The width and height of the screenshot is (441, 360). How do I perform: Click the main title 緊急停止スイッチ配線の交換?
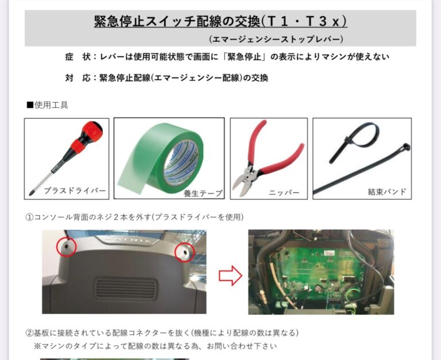coord(177,21)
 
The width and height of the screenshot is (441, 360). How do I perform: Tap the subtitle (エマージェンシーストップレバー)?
coord(276,39)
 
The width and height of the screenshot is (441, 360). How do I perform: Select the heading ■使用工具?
coord(47,105)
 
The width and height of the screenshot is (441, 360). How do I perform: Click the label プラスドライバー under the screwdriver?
coord(75,191)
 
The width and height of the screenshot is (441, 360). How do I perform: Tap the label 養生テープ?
coord(203,193)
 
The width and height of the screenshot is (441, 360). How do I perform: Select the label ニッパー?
coord(284,193)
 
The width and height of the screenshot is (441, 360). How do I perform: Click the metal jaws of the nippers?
coord(244,180)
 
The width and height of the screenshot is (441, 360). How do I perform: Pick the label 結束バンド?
coord(387,192)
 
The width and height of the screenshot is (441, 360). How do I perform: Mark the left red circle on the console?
coord(67,246)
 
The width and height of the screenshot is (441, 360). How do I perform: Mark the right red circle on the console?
coord(184,251)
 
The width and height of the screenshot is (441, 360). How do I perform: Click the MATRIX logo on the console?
coord(127,241)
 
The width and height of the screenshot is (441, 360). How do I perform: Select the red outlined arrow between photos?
coord(231,276)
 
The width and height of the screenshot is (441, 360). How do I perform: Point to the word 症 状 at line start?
coord(78,57)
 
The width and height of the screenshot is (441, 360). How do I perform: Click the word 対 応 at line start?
coord(78,78)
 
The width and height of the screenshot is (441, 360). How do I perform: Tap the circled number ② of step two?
coord(29,333)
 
